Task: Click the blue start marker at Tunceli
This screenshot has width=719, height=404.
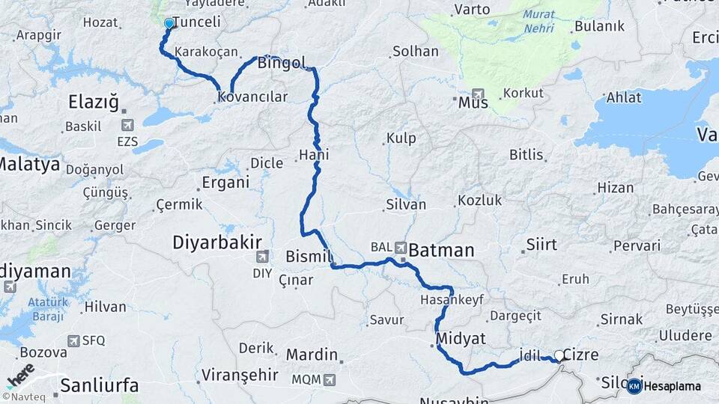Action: [x=169, y=23]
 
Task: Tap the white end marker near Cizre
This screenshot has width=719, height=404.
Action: [x=559, y=356]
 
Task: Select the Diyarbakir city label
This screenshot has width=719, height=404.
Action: [x=217, y=242]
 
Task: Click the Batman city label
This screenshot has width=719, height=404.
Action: [x=441, y=250]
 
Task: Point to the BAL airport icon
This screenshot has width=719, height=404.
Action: [x=401, y=247]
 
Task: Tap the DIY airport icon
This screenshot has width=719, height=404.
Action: [x=261, y=259]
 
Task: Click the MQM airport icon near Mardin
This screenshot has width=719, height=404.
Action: [x=330, y=379]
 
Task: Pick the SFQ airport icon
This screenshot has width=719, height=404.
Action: [x=73, y=340]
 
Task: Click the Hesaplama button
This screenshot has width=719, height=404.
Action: [x=665, y=386]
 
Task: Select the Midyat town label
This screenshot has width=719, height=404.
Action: [x=462, y=337]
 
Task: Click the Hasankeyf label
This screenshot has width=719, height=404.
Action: [x=452, y=299]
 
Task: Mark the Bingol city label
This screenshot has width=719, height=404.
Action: [x=282, y=63]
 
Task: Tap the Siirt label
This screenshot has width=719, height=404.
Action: [x=541, y=244]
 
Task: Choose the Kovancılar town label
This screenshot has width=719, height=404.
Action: [x=252, y=97]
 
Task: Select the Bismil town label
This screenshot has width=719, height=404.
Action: [x=309, y=257]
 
